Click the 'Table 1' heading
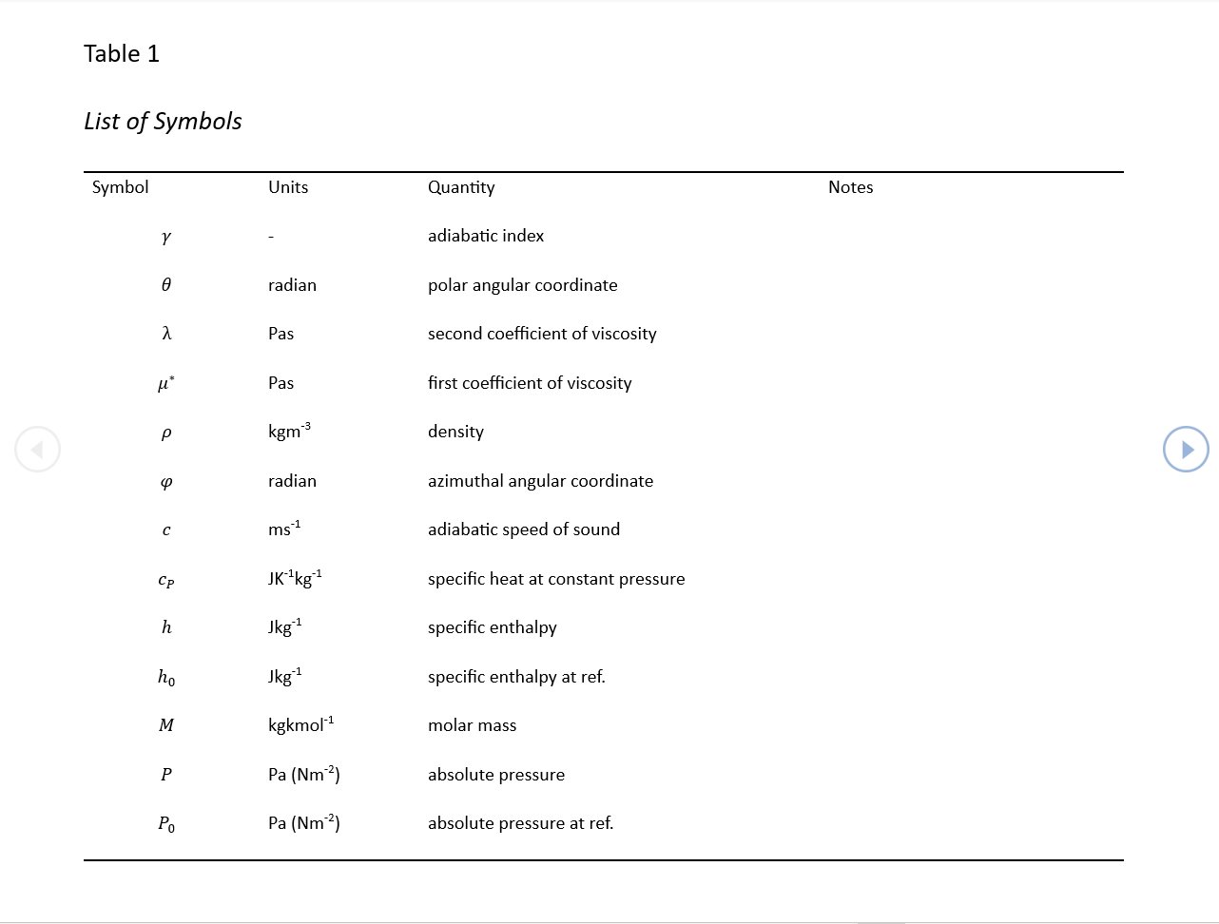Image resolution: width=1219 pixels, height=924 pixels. click(122, 54)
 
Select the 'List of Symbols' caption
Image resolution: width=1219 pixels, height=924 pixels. click(163, 122)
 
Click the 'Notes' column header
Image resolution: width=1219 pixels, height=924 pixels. click(850, 187)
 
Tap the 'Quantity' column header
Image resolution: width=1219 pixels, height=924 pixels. click(461, 187)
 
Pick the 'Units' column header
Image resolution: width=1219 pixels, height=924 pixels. click(288, 187)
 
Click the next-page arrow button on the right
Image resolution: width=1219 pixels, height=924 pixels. click(1186, 450)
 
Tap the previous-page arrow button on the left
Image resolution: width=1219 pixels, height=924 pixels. click(38, 450)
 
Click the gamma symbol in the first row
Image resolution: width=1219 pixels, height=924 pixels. click(166, 237)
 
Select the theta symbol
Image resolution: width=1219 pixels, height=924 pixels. click(166, 285)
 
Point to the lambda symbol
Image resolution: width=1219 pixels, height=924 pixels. click(166, 334)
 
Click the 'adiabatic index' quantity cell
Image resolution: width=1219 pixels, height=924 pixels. click(486, 236)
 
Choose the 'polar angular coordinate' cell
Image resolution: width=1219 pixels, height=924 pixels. click(522, 285)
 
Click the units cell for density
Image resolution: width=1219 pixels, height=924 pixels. click(289, 432)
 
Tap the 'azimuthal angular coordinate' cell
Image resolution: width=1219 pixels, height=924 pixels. click(540, 481)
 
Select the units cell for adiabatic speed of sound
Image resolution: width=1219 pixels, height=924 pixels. click(284, 529)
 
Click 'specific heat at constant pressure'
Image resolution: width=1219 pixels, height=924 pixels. click(556, 579)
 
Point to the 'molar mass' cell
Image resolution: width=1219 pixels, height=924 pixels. click(472, 725)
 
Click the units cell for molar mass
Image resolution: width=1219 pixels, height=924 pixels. click(300, 725)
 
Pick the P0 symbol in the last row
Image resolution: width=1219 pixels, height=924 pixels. click(166, 824)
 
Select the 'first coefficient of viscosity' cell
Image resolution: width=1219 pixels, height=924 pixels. click(530, 383)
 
